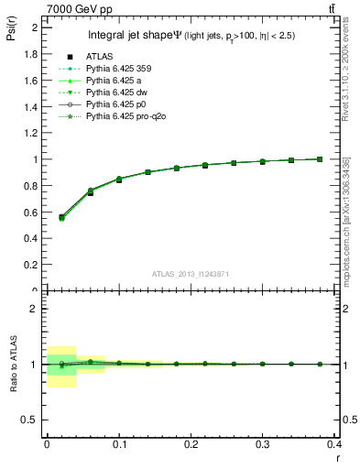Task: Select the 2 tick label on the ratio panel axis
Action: pos(35,309)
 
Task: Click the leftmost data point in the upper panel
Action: pos(61,217)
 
